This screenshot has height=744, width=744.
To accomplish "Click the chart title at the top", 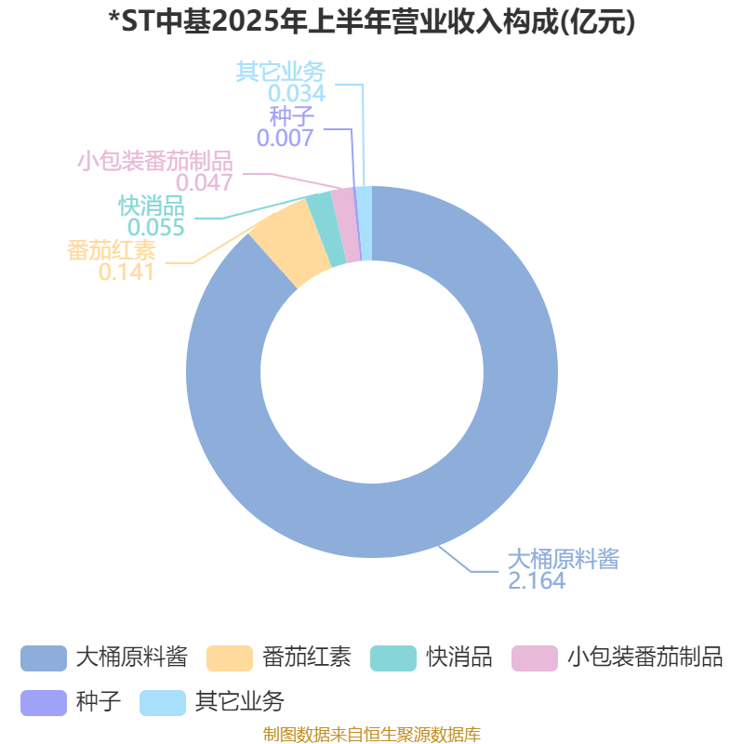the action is pyautogui.click(x=372, y=21).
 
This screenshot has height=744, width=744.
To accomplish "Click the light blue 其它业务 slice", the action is pyautogui.click(x=365, y=223).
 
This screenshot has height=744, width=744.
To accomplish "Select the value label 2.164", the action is pyautogui.click(x=537, y=580).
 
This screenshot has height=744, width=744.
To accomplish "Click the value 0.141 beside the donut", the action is pyautogui.click(x=126, y=272).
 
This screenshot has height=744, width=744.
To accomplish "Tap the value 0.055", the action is pyautogui.click(x=155, y=227).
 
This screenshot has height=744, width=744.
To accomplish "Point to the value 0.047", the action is pyautogui.click(x=204, y=182).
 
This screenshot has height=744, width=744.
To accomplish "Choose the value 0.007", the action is pyautogui.click(x=285, y=138).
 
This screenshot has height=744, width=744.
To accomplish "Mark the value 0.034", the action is pyautogui.click(x=297, y=94).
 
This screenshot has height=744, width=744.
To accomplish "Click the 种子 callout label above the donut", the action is pyautogui.click(x=291, y=116).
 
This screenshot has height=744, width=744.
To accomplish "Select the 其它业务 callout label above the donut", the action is pyautogui.click(x=281, y=72).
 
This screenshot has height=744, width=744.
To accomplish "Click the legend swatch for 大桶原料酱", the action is pyautogui.click(x=44, y=658).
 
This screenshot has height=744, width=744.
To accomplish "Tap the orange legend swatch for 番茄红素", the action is pyautogui.click(x=230, y=658).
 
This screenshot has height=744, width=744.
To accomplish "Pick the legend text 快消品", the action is pyautogui.click(x=458, y=658).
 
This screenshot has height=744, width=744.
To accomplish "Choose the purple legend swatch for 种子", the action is pyautogui.click(x=44, y=703).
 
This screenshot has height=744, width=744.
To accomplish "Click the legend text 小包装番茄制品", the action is pyautogui.click(x=644, y=658).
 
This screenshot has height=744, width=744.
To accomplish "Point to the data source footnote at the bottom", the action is pyautogui.click(x=372, y=734).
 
